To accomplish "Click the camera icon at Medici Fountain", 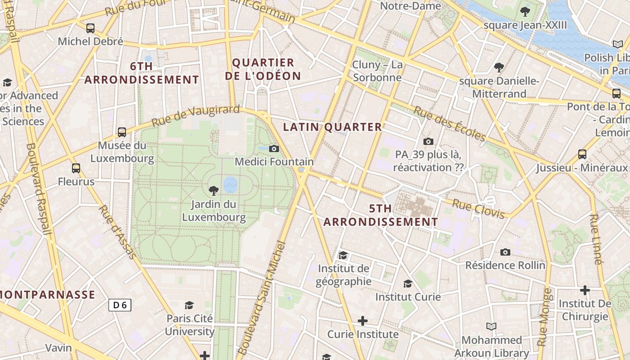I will point(274,149).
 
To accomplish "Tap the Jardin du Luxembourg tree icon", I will point(214,191).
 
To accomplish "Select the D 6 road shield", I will point(120,305).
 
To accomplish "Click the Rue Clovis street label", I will point(478,209).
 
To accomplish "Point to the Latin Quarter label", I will point(333,127).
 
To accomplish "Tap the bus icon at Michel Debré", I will point(90,28).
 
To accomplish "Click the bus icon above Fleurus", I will point(76,168).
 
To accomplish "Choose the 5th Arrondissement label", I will point(381,215).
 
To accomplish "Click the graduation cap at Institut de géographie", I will point(343,256).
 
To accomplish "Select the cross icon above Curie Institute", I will point(363,321).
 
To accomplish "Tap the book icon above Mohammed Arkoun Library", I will point(491,326).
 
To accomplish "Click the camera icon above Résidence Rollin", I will point(505,252).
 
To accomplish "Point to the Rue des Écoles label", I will point(450,124).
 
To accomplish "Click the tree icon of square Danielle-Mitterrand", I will point(499,68).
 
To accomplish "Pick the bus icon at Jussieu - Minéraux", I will point(582,154).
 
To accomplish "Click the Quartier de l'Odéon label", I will point(263,69).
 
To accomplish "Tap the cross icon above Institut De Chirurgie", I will point(585,290).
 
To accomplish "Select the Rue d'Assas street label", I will point(117,232).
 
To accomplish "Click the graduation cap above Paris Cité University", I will point(189,305).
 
